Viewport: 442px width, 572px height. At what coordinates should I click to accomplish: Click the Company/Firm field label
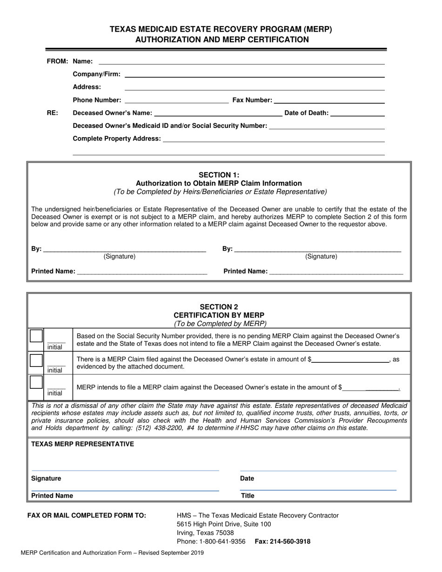coord(97,74)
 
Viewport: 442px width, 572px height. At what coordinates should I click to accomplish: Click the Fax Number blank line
coord(329,100)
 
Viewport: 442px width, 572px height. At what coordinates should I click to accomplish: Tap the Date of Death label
coord(306,113)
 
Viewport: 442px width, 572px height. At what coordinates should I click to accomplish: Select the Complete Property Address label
coord(117,139)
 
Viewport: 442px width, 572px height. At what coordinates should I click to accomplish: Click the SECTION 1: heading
coord(219,175)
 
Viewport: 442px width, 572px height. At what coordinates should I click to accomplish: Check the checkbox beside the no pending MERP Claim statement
coord(36,336)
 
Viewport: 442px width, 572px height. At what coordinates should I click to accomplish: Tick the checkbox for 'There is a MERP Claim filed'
coord(36,360)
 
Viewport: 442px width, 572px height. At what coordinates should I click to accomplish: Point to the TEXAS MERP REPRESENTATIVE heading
coord(82,444)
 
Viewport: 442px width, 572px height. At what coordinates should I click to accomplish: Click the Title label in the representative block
coord(248,496)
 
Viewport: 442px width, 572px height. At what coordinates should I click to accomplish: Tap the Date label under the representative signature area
coord(247,479)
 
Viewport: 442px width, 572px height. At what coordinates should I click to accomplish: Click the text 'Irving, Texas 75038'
coord(205,533)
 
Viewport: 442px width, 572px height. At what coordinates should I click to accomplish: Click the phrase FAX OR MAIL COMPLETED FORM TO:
coord(87,515)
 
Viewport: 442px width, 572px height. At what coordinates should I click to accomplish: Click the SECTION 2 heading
coord(219,306)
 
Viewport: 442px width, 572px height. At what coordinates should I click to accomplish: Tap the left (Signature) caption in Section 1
coord(120,256)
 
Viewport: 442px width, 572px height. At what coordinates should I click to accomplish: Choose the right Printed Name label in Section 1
coord(245,271)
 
